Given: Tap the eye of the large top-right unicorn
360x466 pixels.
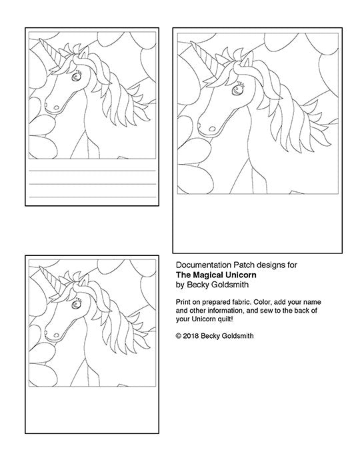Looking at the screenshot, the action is tap(237, 89).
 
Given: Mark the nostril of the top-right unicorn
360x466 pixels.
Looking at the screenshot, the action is tap(212, 129).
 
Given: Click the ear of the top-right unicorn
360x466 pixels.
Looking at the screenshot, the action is tap(245, 61).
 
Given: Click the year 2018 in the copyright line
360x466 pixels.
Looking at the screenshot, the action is tap(191, 336).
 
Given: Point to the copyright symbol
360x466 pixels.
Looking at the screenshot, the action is tap(179, 336).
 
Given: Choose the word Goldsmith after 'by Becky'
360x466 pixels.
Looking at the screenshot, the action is tap(232, 285).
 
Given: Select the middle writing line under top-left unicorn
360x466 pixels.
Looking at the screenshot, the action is tap(93, 184).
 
